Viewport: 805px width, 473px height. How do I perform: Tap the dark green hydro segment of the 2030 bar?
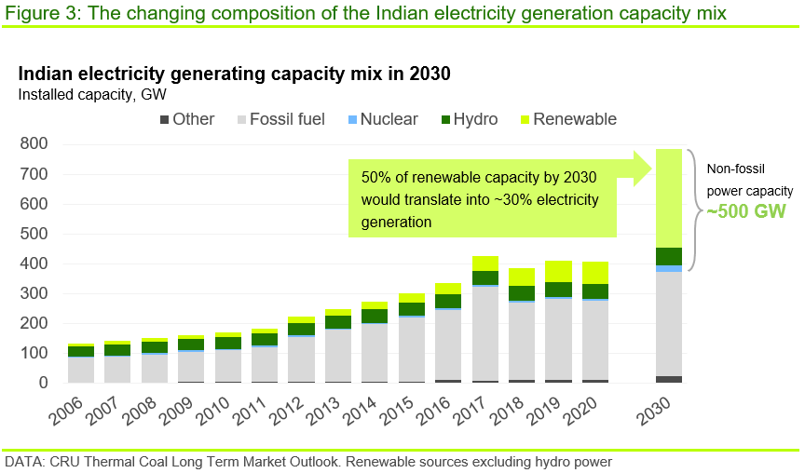tap(668, 256)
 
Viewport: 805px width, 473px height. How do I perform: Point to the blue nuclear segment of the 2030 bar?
tap(668, 269)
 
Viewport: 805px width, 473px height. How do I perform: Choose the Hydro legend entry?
tap(471, 119)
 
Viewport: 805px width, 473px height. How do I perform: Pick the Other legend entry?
tap(186, 119)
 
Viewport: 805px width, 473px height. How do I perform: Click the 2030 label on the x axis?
tap(663, 407)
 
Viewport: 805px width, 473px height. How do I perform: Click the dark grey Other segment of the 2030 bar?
tap(668, 379)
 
